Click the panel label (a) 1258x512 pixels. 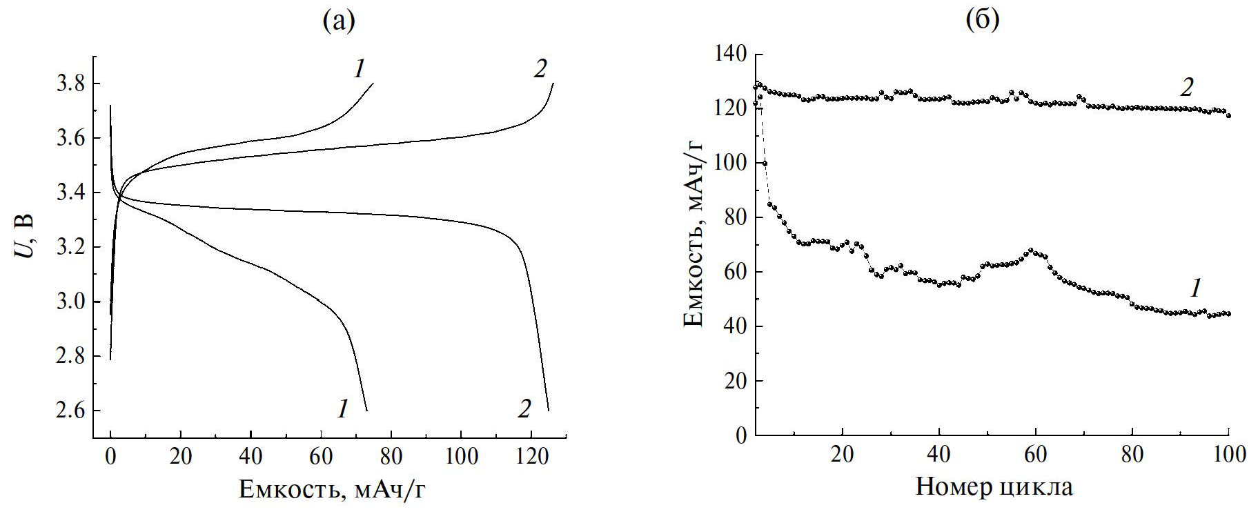click(x=338, y=21)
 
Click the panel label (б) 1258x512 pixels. click(x=982, y=21)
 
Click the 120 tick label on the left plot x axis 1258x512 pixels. click(x=531, y=456)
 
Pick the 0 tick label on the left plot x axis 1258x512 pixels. click(x=110, y=456)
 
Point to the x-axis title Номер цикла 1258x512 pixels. click(x=994, y=487)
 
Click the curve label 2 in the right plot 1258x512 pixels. click(x=1186, y=87)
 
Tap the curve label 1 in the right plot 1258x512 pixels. click(x=1196, y=288)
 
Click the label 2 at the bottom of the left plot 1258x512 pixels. click(x=524, y=409)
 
